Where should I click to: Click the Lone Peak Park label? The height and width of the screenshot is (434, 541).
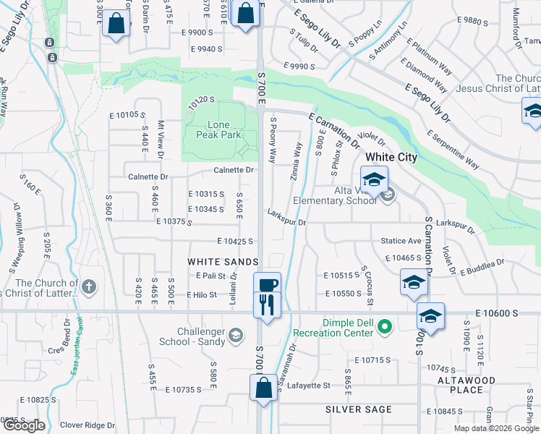pos(219,129)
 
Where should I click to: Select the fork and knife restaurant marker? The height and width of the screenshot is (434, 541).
pos(267,305)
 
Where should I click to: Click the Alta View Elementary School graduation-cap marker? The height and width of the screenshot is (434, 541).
pos(374,180)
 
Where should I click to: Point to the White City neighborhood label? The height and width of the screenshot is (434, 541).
pos(391,157)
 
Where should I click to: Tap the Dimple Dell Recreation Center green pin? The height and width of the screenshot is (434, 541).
pos(385,328)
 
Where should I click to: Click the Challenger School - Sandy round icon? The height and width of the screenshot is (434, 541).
pos(236,335)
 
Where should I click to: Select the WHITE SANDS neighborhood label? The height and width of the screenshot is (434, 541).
pos(223,261)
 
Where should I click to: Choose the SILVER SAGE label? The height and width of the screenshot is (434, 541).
pos(358,409)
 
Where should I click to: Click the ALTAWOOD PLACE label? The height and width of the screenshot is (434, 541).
pos(467,385)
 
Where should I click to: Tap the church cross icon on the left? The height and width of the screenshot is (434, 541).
pos(89,287)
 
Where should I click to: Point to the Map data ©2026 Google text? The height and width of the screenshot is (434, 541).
pos(495,428)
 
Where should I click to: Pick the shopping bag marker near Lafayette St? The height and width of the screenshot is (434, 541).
pos(263,388)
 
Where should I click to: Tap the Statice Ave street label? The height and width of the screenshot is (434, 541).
pos(401,241)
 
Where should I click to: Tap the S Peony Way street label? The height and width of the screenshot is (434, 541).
pos(273,140)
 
